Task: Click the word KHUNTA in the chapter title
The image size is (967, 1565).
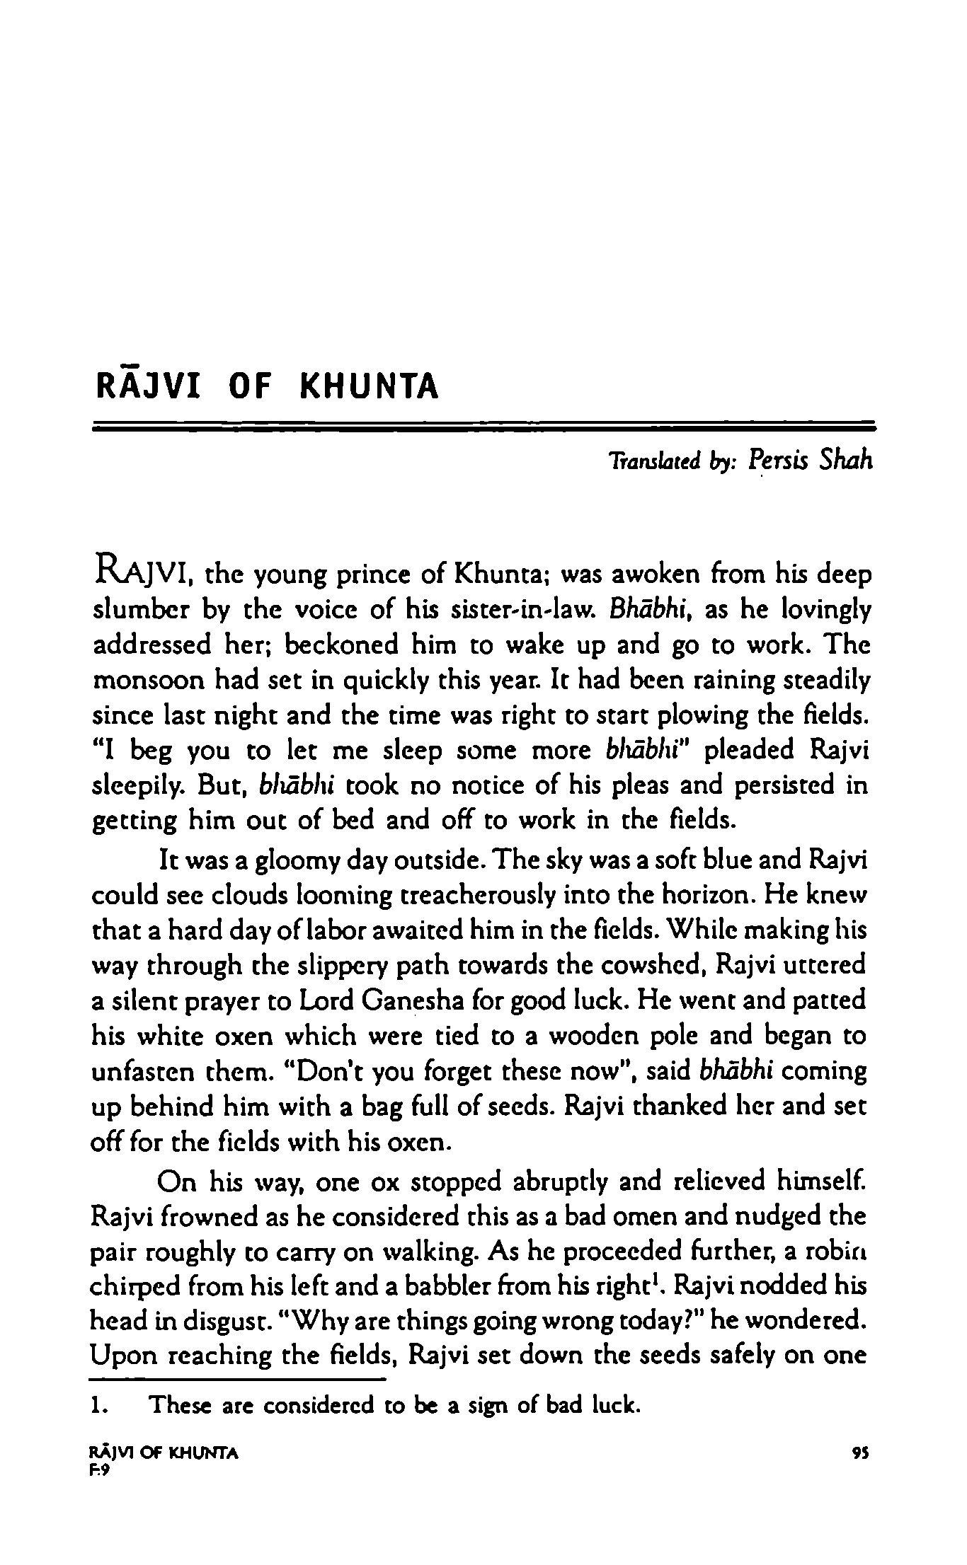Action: pos(370,386)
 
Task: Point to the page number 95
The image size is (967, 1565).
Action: pos(862,1453)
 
